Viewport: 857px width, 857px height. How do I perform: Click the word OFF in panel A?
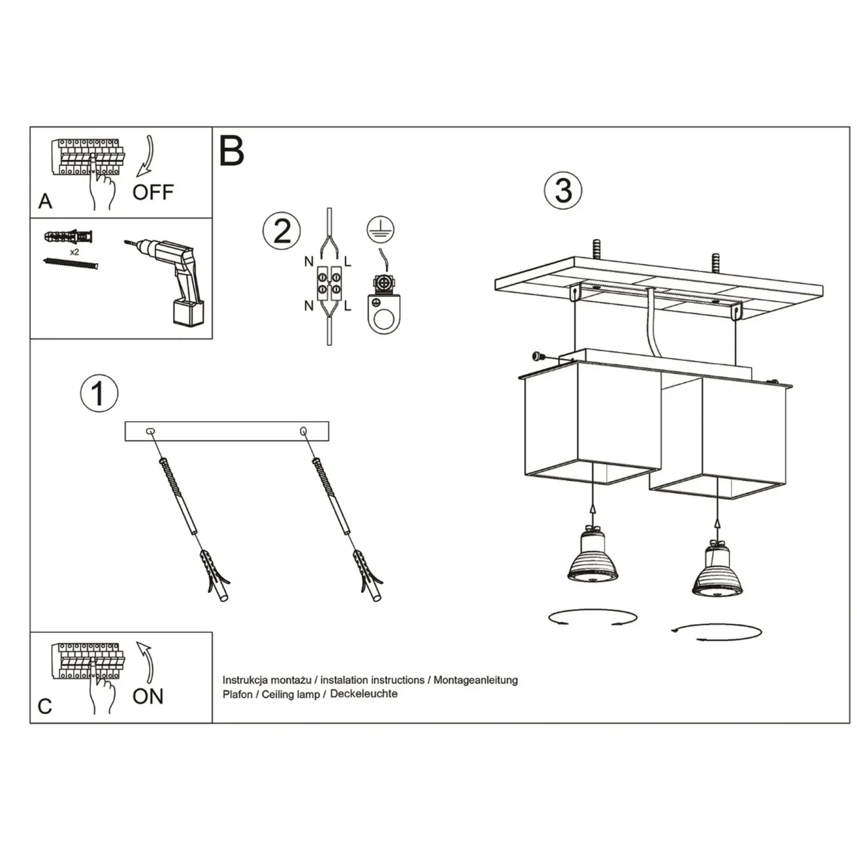point(153,192)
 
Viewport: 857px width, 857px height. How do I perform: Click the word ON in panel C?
point(148,696)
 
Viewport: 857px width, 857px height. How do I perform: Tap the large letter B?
point(231,151)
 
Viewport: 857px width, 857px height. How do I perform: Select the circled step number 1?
point(99,393)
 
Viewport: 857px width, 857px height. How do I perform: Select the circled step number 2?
point(282,231)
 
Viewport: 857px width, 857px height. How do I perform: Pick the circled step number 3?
point(563,190)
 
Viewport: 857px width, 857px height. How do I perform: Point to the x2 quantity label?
point(74,252)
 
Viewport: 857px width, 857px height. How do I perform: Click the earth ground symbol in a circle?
point(381,229)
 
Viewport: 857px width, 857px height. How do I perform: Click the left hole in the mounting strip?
point(150,431)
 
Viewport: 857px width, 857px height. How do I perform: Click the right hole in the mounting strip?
point(303,431)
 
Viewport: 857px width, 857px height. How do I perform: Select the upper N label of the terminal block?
point(309,262)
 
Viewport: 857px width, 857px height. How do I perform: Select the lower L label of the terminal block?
point(347,306)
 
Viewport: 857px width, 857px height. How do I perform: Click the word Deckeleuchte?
point(364,693)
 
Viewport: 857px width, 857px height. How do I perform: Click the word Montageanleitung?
point(475,680)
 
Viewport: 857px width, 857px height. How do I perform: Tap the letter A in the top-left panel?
point(45,201)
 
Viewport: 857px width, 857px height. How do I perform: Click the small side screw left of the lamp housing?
point(537,356)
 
